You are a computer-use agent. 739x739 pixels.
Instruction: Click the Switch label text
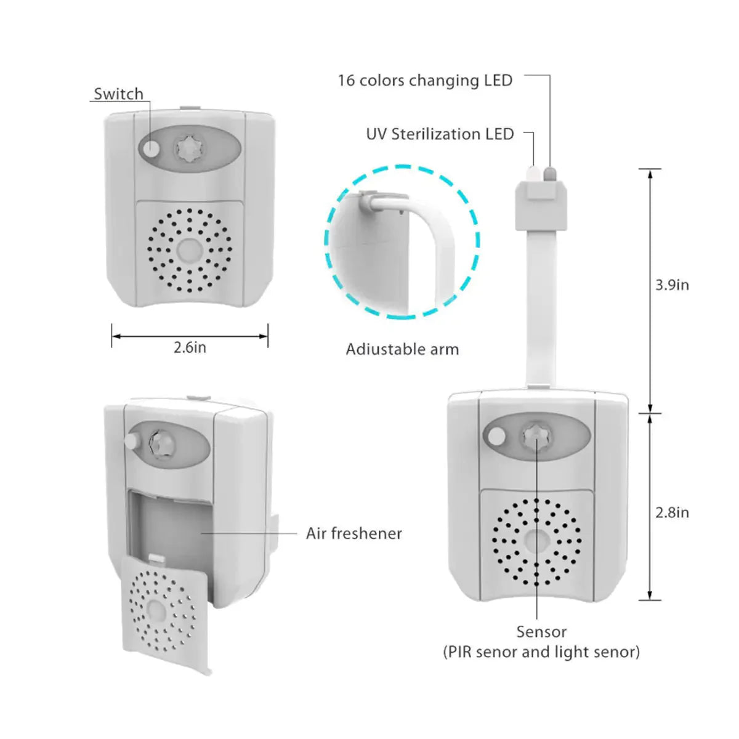point(118,94)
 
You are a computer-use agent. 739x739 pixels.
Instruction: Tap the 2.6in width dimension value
point(190,347)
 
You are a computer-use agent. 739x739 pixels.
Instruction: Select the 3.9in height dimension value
point(672,285)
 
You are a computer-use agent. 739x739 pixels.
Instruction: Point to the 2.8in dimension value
point(672,512)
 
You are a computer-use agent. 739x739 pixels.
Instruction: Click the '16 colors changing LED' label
point(425,81)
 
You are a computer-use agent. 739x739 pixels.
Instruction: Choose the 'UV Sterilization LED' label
point(440,134)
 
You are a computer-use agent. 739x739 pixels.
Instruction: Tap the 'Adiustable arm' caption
point(402,349)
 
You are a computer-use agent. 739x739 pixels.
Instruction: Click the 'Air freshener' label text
point(353,533)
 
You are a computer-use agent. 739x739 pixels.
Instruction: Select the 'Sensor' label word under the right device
point(541,632)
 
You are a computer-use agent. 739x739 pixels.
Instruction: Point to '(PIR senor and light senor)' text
point(541,652)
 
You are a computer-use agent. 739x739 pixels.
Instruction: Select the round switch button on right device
point(495,438)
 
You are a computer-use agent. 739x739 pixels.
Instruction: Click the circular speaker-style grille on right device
point(536,542)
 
